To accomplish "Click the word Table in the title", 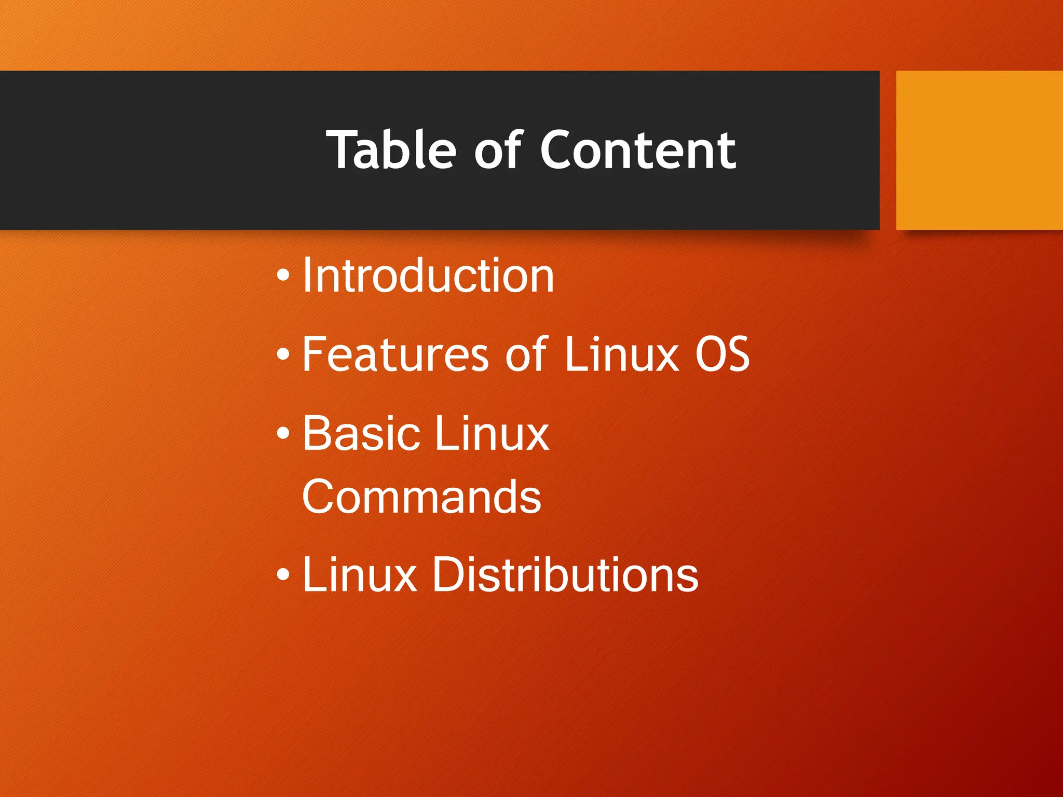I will pyautogui.click(x=391, y=150).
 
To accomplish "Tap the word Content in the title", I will pyautogui.click(x=638, y=150).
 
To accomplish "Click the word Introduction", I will pyautogui.click(x=428, y=276).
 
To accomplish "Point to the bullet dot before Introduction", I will pyautogui.click(x=283, y=276).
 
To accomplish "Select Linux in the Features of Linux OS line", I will pyautogui.click(x=621, y=354).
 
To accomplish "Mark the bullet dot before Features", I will pyautogui.click(x=283, y=355).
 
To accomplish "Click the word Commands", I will pyautogui.click(x=421, y=497).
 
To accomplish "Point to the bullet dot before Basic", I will pyautogui.click(x=283, y=433).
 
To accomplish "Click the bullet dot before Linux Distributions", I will pyautogui.click(x=283, y=574).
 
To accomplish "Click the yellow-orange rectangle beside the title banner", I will pyautogui.click(x=979, y=150).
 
